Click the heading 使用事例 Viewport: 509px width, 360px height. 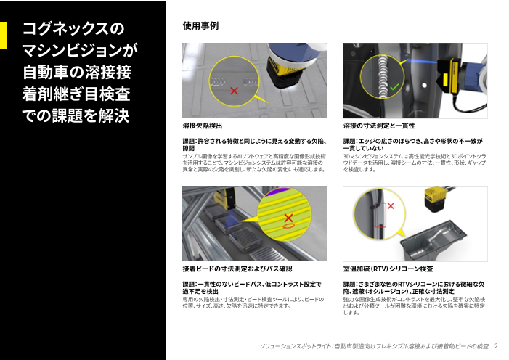pos(200,26)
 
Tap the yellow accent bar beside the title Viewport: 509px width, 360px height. pos(4,35)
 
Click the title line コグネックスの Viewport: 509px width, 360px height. pos(74,29)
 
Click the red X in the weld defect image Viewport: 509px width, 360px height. pos(233,91)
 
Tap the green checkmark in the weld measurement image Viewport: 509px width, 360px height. pos(394,87)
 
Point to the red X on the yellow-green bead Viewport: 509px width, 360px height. pos(288,217)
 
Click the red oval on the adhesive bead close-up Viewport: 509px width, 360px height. pos(289,226)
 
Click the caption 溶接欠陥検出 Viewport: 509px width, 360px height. pos(203,126)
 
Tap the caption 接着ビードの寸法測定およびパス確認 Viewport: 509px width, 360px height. pos(237,269)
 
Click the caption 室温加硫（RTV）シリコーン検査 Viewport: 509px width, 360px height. pos(388,269)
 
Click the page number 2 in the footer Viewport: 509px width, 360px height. pos(496,346)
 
